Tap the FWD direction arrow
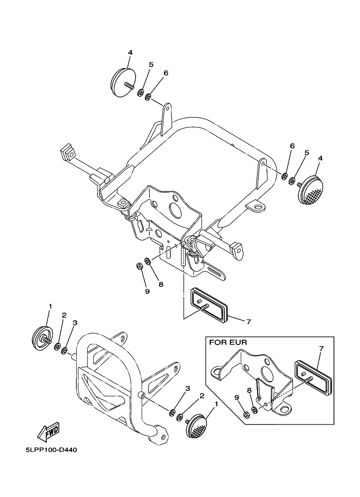(x=48, y=432)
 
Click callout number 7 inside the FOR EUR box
(x=321, y=348)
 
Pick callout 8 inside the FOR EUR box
(x=249, y=391)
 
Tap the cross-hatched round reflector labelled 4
(x=311, y=189)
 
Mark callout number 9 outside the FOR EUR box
(x=146, y=292)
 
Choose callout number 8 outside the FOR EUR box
(x=160, y=284)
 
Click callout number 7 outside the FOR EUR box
(x=248, y=322)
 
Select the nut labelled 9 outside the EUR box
(x=139, y=266)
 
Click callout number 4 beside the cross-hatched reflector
(x=320, y=158)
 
